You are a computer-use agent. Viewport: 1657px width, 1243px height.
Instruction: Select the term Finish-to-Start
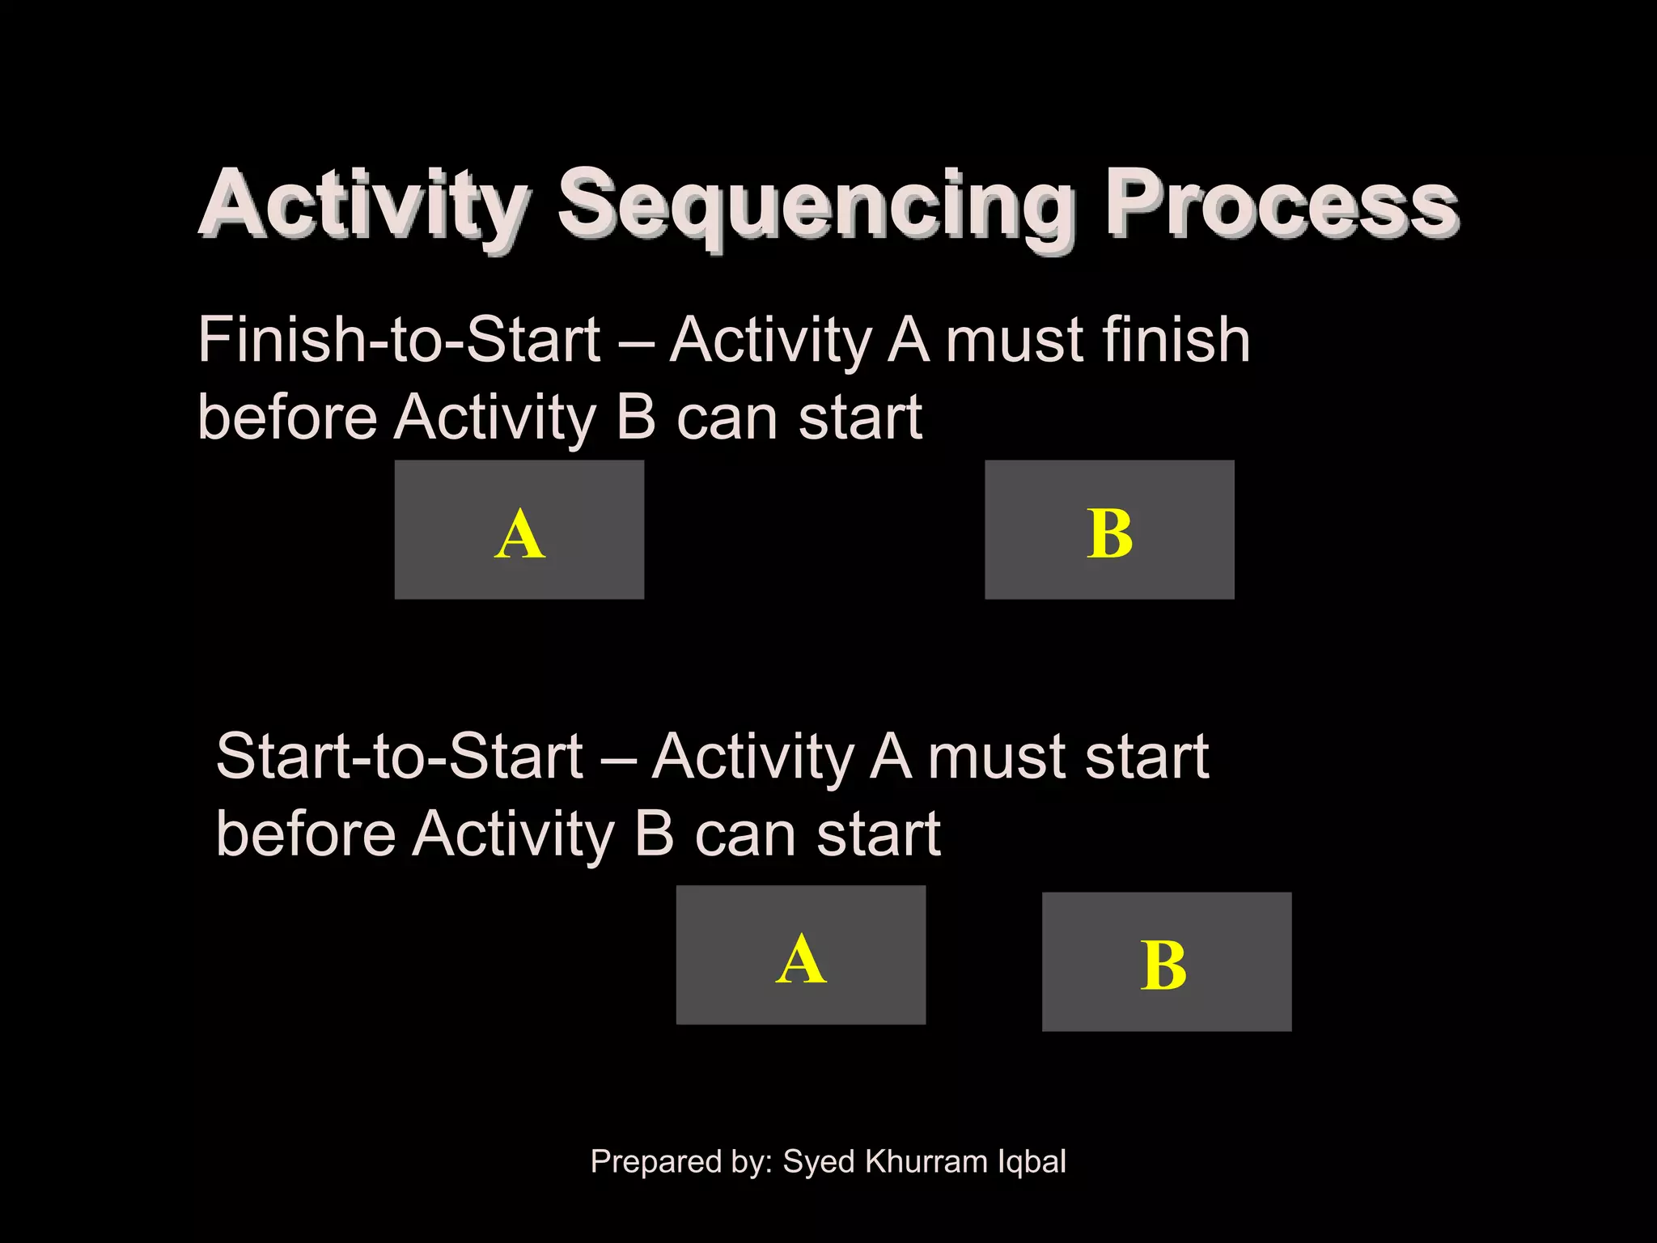pyautogui.click(x=398, y=340)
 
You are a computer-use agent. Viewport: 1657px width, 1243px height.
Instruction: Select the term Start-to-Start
pyautogui.click(x=399, y=757)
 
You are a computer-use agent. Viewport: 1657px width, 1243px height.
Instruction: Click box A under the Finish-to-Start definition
pyautogui.click(x=519, y=530)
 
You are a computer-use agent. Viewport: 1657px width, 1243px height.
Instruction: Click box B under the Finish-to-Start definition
pyautogui.click(x=1109, y=530)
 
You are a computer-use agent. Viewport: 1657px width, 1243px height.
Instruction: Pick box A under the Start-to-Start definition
pyautogui.click(x=800, y=955)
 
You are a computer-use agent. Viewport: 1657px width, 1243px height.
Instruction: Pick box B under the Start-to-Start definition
pyautogui.click(x=1166, y=961)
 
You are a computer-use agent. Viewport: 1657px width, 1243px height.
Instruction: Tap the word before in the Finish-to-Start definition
pyautogui.click(x=286, y=418)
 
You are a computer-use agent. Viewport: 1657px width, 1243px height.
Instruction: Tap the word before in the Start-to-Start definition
pyautogui.click(x=305, y=834)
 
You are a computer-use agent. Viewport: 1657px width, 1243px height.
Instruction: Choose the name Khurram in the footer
pyautogui.click(x=926, y=1161)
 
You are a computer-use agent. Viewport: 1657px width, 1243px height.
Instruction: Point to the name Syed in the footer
pyautogui.click(x=819, y=1162)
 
